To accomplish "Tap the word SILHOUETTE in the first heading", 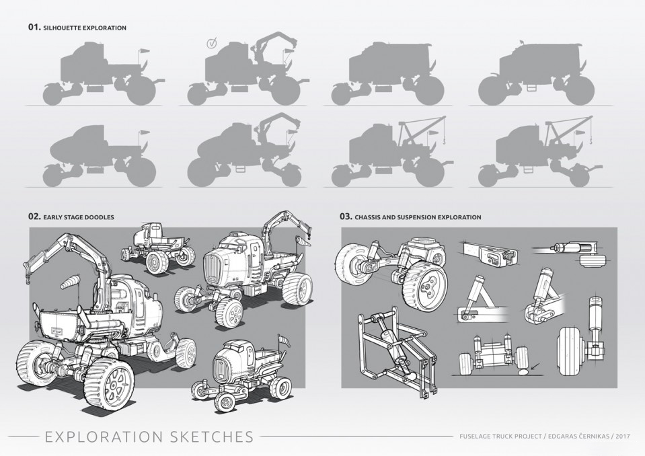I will coord(63,28).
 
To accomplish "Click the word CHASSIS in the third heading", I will coord(371,217).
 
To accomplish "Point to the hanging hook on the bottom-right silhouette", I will coord(591,141).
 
